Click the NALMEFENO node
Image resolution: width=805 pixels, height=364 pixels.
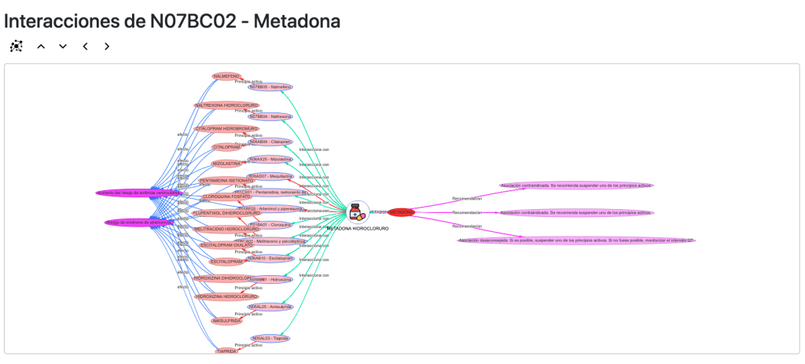226,76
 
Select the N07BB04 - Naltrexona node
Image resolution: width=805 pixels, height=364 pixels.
270,116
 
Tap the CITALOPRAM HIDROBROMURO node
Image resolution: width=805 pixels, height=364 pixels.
226,128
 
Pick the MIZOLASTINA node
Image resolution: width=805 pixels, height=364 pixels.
226,164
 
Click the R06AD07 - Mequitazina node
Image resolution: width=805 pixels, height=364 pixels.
270,177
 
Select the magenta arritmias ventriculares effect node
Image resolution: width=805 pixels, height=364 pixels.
139,193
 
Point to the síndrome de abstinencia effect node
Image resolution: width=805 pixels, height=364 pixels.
139,222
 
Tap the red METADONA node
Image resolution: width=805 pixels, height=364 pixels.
401,212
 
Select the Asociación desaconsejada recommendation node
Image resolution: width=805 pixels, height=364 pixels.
576,241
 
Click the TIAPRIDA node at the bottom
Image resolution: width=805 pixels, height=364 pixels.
226,351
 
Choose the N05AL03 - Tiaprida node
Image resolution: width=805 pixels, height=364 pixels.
270,339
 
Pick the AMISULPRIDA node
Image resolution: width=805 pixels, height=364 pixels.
226,321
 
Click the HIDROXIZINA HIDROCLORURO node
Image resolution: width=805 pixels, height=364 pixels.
226,296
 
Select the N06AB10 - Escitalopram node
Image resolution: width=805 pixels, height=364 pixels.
270,258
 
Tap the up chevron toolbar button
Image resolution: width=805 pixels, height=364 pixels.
41,46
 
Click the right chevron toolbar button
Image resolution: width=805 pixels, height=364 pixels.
107,46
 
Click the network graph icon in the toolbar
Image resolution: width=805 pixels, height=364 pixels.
17,46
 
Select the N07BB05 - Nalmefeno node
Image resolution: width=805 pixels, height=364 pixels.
270,87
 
